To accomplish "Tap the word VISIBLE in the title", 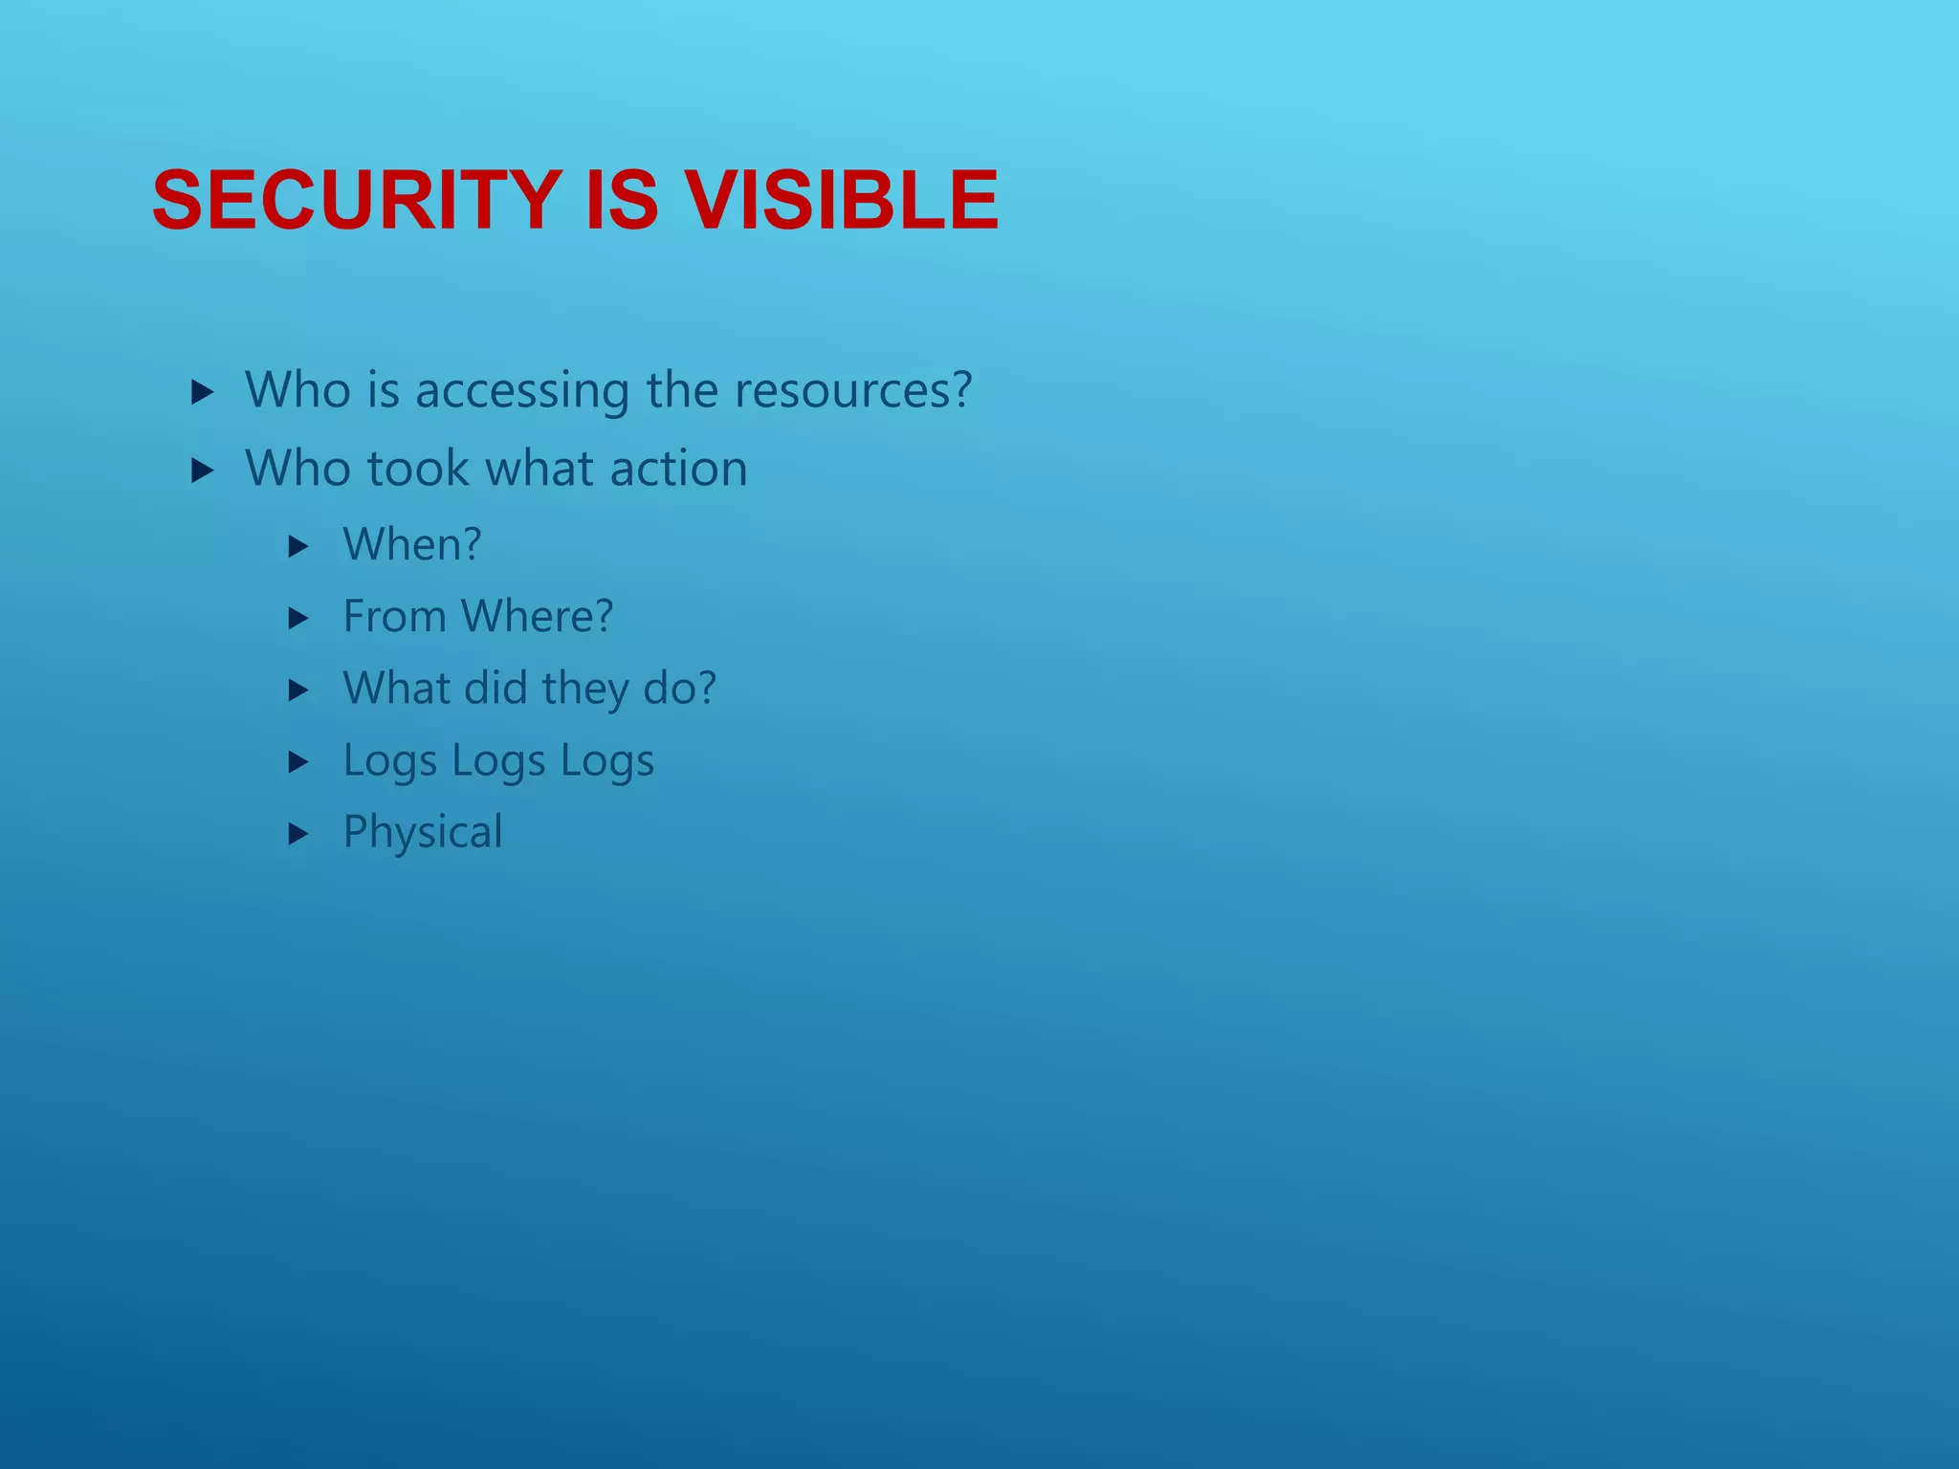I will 843,200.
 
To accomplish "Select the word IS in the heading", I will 621,200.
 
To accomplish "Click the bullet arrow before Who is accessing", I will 201,391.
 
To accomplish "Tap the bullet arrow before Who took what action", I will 201,470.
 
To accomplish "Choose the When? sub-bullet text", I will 412,545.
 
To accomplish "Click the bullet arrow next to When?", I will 298,547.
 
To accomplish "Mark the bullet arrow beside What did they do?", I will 298,691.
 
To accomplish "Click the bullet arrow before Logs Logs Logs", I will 298,762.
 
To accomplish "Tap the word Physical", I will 423,832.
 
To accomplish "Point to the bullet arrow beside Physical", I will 298,834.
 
